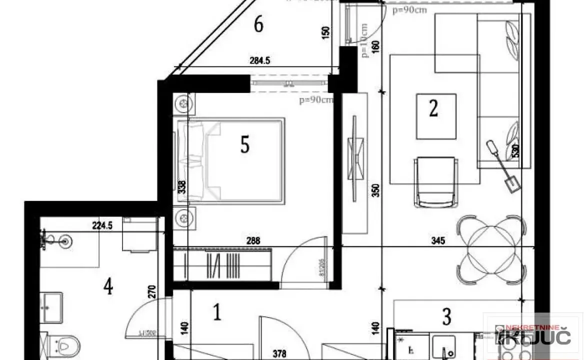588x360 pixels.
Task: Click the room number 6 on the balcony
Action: [258, 24]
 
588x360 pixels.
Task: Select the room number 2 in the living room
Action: [433, 108]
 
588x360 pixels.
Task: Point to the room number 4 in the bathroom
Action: [108, 287]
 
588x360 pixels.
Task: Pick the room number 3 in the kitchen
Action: [446, 316]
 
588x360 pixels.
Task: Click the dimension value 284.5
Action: [260, 61]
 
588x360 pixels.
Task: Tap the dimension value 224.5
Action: [102, 225]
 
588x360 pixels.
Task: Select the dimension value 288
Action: [253, 241]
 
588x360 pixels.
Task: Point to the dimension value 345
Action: [437, 241]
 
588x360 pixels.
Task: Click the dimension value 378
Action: [279, 354]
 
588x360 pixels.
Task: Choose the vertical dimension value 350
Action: [376, 190]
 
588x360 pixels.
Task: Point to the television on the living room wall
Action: [355, 152]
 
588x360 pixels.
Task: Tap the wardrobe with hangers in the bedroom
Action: [222, 263]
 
